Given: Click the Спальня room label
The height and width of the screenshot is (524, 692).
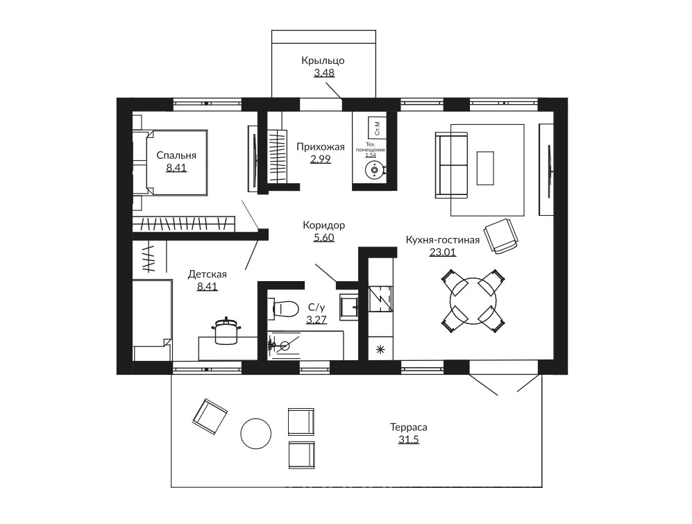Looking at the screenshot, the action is pyautogui.click(x=176, y=155).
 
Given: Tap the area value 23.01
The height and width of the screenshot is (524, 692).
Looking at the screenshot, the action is pyautogui.click(x=442, y=252).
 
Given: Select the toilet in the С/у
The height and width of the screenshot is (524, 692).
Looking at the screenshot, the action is pyautogui.click(x=284, y=308).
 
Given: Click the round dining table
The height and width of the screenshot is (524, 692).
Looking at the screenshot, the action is pyautogui.click(x=473, y=301).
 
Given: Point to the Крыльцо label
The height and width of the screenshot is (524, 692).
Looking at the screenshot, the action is pyautogui.click(x=323, y=60).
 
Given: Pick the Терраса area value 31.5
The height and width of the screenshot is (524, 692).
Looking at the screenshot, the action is pyautogui.click(x=409, y=440).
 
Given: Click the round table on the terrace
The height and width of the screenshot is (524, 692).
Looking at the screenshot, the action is pyautogui.click(x=256, y=433).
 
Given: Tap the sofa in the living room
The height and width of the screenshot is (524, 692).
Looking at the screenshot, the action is pyautogui.click(x=451, y=165).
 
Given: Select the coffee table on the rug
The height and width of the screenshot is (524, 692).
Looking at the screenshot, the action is pyautogui.click(x=485, y=168).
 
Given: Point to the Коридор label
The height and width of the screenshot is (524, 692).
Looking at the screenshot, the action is pyautogui.click(x=324, y=225).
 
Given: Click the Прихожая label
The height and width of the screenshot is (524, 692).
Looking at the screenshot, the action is pyautogui.click(x=321, y=147).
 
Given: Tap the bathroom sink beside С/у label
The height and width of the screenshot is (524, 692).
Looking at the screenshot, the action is pyautogui.click(x=349, y=306).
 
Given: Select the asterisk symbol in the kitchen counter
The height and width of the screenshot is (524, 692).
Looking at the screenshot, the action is pyautogui.click(x=380, y=350).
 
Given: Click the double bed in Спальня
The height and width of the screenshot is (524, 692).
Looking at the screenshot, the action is pyautogui.click(x=170, y=162).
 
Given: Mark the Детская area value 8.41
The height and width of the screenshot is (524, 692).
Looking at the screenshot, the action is pyautogui.click(x=208, y=287).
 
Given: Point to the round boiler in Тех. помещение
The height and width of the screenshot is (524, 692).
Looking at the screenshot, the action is pyautogui.click(x=375, y=169).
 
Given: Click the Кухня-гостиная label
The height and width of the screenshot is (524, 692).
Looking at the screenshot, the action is pyautogui.click(x=443, y=240).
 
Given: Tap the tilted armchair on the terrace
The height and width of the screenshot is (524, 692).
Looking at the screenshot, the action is pyautogui.click(x=210, y=416).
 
